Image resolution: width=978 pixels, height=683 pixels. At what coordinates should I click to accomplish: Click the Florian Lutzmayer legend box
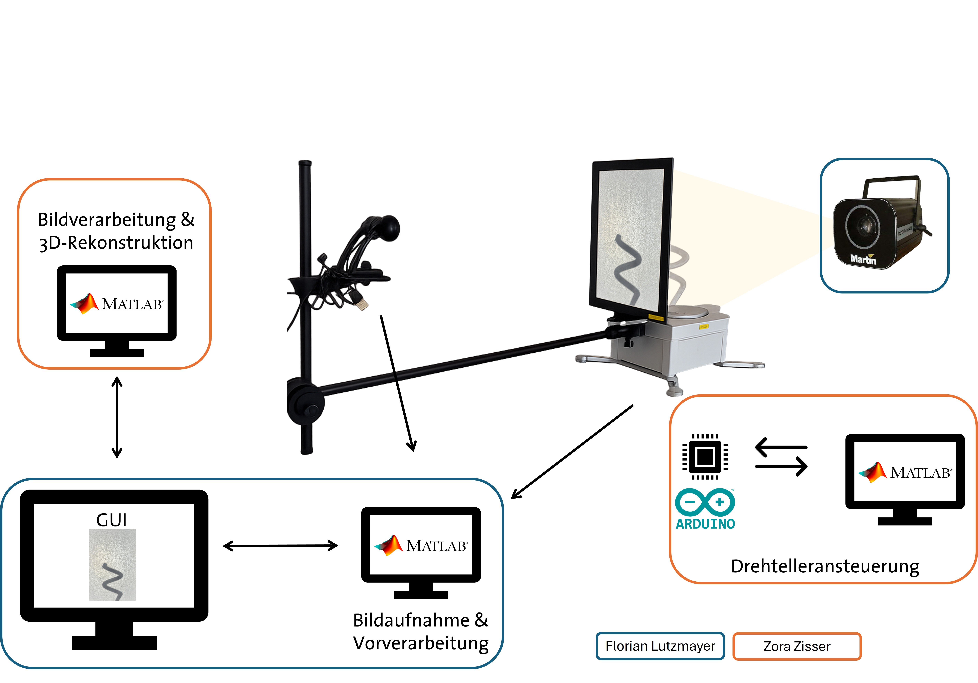(x=660, y=646)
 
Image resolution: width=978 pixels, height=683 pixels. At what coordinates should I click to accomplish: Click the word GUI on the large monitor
(x=112, y=520)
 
